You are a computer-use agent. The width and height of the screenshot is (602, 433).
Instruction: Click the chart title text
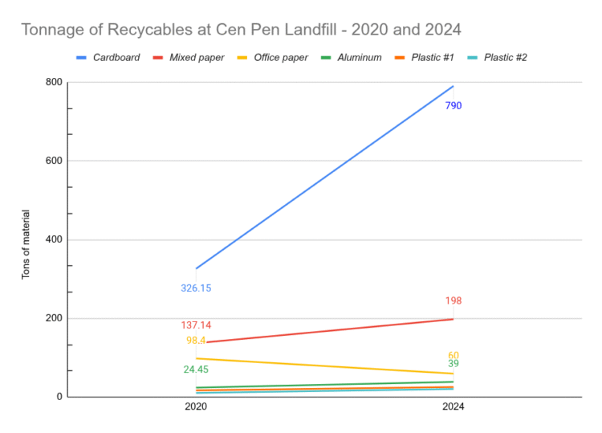[x=241, y=30]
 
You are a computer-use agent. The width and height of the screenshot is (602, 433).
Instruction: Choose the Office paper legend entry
[x=280, y=57]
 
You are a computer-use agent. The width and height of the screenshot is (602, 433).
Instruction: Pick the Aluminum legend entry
[x=359, y=57]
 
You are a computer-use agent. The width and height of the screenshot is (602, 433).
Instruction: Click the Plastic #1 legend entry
[x=432, y=57]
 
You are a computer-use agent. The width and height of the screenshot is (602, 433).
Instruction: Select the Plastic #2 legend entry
[x=505, y=57]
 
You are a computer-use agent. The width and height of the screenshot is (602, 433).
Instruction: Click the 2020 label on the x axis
[x=196, y=408]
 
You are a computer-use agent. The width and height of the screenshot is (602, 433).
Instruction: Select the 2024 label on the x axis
[x=454, y=408]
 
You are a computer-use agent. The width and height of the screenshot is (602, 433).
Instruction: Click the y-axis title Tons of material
[x=26, y=244]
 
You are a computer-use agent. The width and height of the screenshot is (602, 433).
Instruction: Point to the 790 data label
[x=454, y=105]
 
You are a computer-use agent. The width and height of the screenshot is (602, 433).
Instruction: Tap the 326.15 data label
[x=196, y=288]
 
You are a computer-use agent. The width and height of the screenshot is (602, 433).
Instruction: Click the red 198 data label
[x=454, y=301]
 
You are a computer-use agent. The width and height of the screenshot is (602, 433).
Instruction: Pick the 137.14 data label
[x=196, y=325]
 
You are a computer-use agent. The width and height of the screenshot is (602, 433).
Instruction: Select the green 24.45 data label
[x=196, y=370]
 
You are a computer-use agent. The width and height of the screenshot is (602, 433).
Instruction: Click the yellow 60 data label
[x=454, y=355]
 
